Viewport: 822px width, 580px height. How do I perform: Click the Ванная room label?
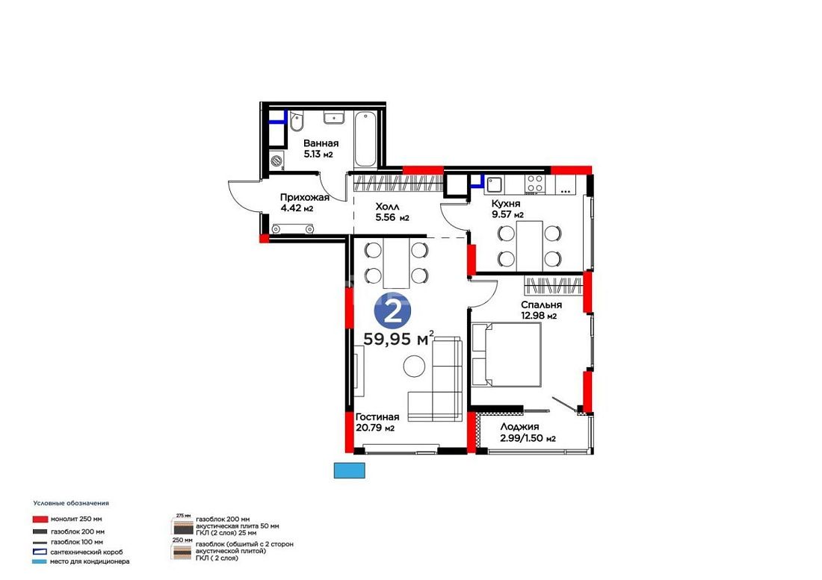pos(321,143)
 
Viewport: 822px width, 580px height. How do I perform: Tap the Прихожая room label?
pos(305,197)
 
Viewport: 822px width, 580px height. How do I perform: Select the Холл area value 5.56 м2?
pos(392,218)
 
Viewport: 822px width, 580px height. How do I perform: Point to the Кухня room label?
pos(506,204)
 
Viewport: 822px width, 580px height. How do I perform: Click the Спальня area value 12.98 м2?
pos(538,316)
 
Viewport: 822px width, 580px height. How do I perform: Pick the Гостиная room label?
pos(377,417)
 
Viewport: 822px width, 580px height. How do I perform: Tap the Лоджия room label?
pos(519,427)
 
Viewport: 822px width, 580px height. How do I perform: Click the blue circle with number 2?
pos(392,312)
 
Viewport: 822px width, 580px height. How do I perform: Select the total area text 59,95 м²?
pos(398,339)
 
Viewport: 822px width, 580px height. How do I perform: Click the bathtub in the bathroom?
pos(365,140)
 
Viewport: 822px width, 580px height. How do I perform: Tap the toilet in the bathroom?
pos(296,122)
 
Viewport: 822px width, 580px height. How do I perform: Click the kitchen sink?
pos(495,184)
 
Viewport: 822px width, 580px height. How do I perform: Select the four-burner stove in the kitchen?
pos(535,184)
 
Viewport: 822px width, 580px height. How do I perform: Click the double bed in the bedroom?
pos(507,355)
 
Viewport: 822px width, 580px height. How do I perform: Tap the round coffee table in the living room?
pos(415,366)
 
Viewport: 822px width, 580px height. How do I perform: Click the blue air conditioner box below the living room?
pos(350,470)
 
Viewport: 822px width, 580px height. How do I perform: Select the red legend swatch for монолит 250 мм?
pos(40,520)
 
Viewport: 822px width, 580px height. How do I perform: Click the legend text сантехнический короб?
pos(87,552)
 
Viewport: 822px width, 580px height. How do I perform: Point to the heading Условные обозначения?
pos(71,503)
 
